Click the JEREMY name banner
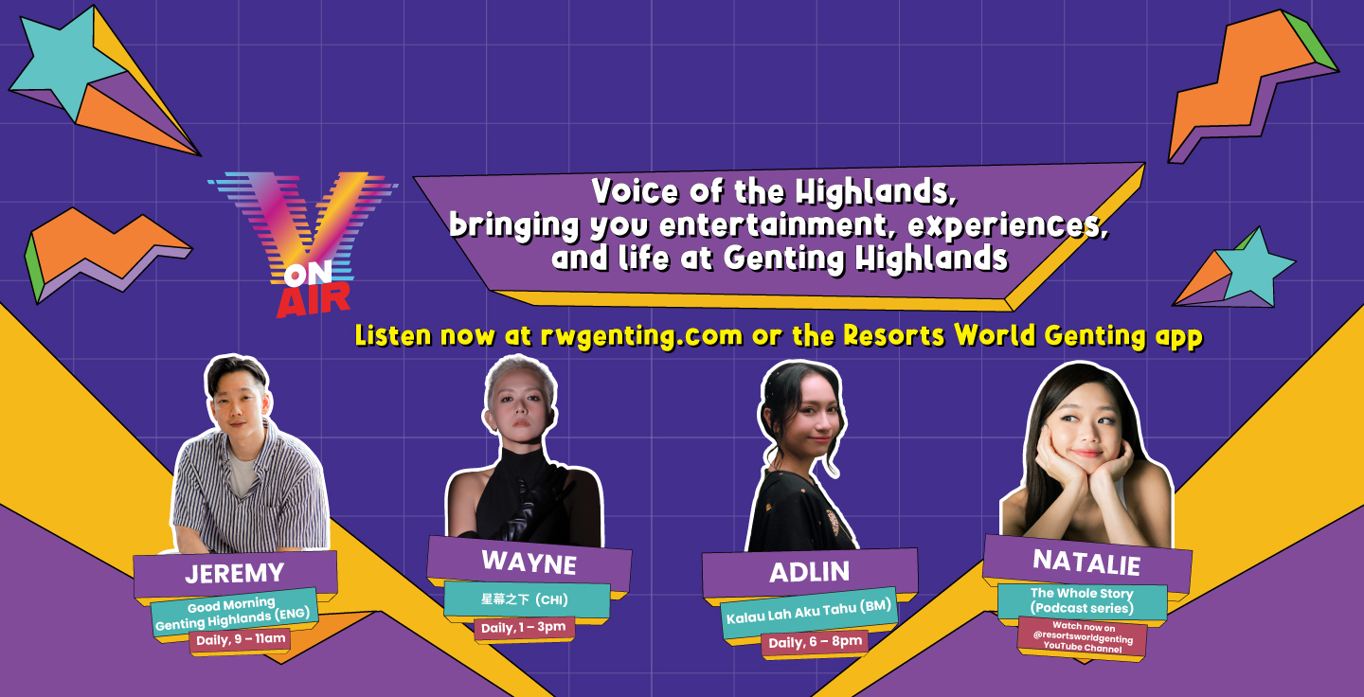tap(235, 574)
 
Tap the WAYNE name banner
tap(529, 563)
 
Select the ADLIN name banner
tap(809, 572)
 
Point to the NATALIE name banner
tap(1087, 562)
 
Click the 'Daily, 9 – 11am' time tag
tap(241, 640)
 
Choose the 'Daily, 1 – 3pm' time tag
tap(524, 628)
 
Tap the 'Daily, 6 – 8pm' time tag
tap(815, 642)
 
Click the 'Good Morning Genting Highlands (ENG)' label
tap(234, 614)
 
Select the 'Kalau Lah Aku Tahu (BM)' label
tap(809, 612)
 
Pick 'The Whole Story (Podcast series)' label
tap(1082, 600)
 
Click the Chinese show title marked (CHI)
tap(526, 599)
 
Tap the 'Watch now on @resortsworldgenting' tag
tap(1083, 636)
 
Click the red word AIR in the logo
tap(314, 299)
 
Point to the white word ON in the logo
tap(308, 274)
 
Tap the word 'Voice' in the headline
tap(635, 190)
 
